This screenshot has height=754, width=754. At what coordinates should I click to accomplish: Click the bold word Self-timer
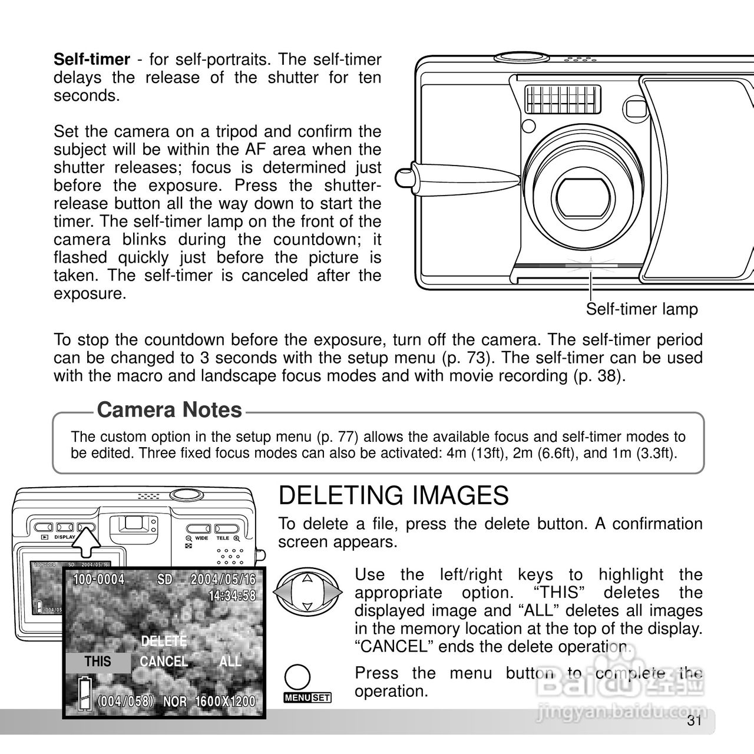coord(91,59)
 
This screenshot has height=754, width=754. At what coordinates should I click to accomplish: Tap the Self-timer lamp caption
coord(641,309)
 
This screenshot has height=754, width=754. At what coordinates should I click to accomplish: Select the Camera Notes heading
coord(170,410)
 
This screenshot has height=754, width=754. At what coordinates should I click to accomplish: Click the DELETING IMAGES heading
coord(393,496)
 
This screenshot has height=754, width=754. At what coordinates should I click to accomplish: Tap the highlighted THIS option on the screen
coord(98,662)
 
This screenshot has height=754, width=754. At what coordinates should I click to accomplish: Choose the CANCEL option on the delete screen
coord(164,662)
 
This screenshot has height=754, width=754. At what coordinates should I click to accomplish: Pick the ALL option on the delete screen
coord(230,662)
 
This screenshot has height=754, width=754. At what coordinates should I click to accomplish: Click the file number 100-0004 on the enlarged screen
coord(98,580)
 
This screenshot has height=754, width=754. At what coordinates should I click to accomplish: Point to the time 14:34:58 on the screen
coord(232,596)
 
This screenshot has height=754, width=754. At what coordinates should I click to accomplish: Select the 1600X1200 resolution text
coord(225,702)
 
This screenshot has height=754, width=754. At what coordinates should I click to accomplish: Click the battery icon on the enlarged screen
coord(85,695)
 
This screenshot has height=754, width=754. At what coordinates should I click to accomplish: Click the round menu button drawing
coord(299,677)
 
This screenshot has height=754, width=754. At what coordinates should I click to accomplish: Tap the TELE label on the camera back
coord(223,538)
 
